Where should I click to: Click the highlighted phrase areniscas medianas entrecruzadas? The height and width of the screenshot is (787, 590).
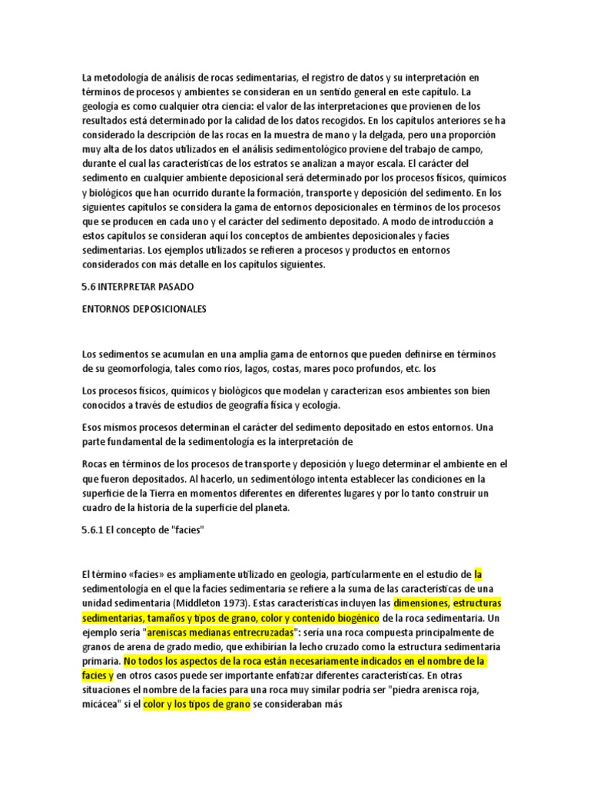pos(220,631)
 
